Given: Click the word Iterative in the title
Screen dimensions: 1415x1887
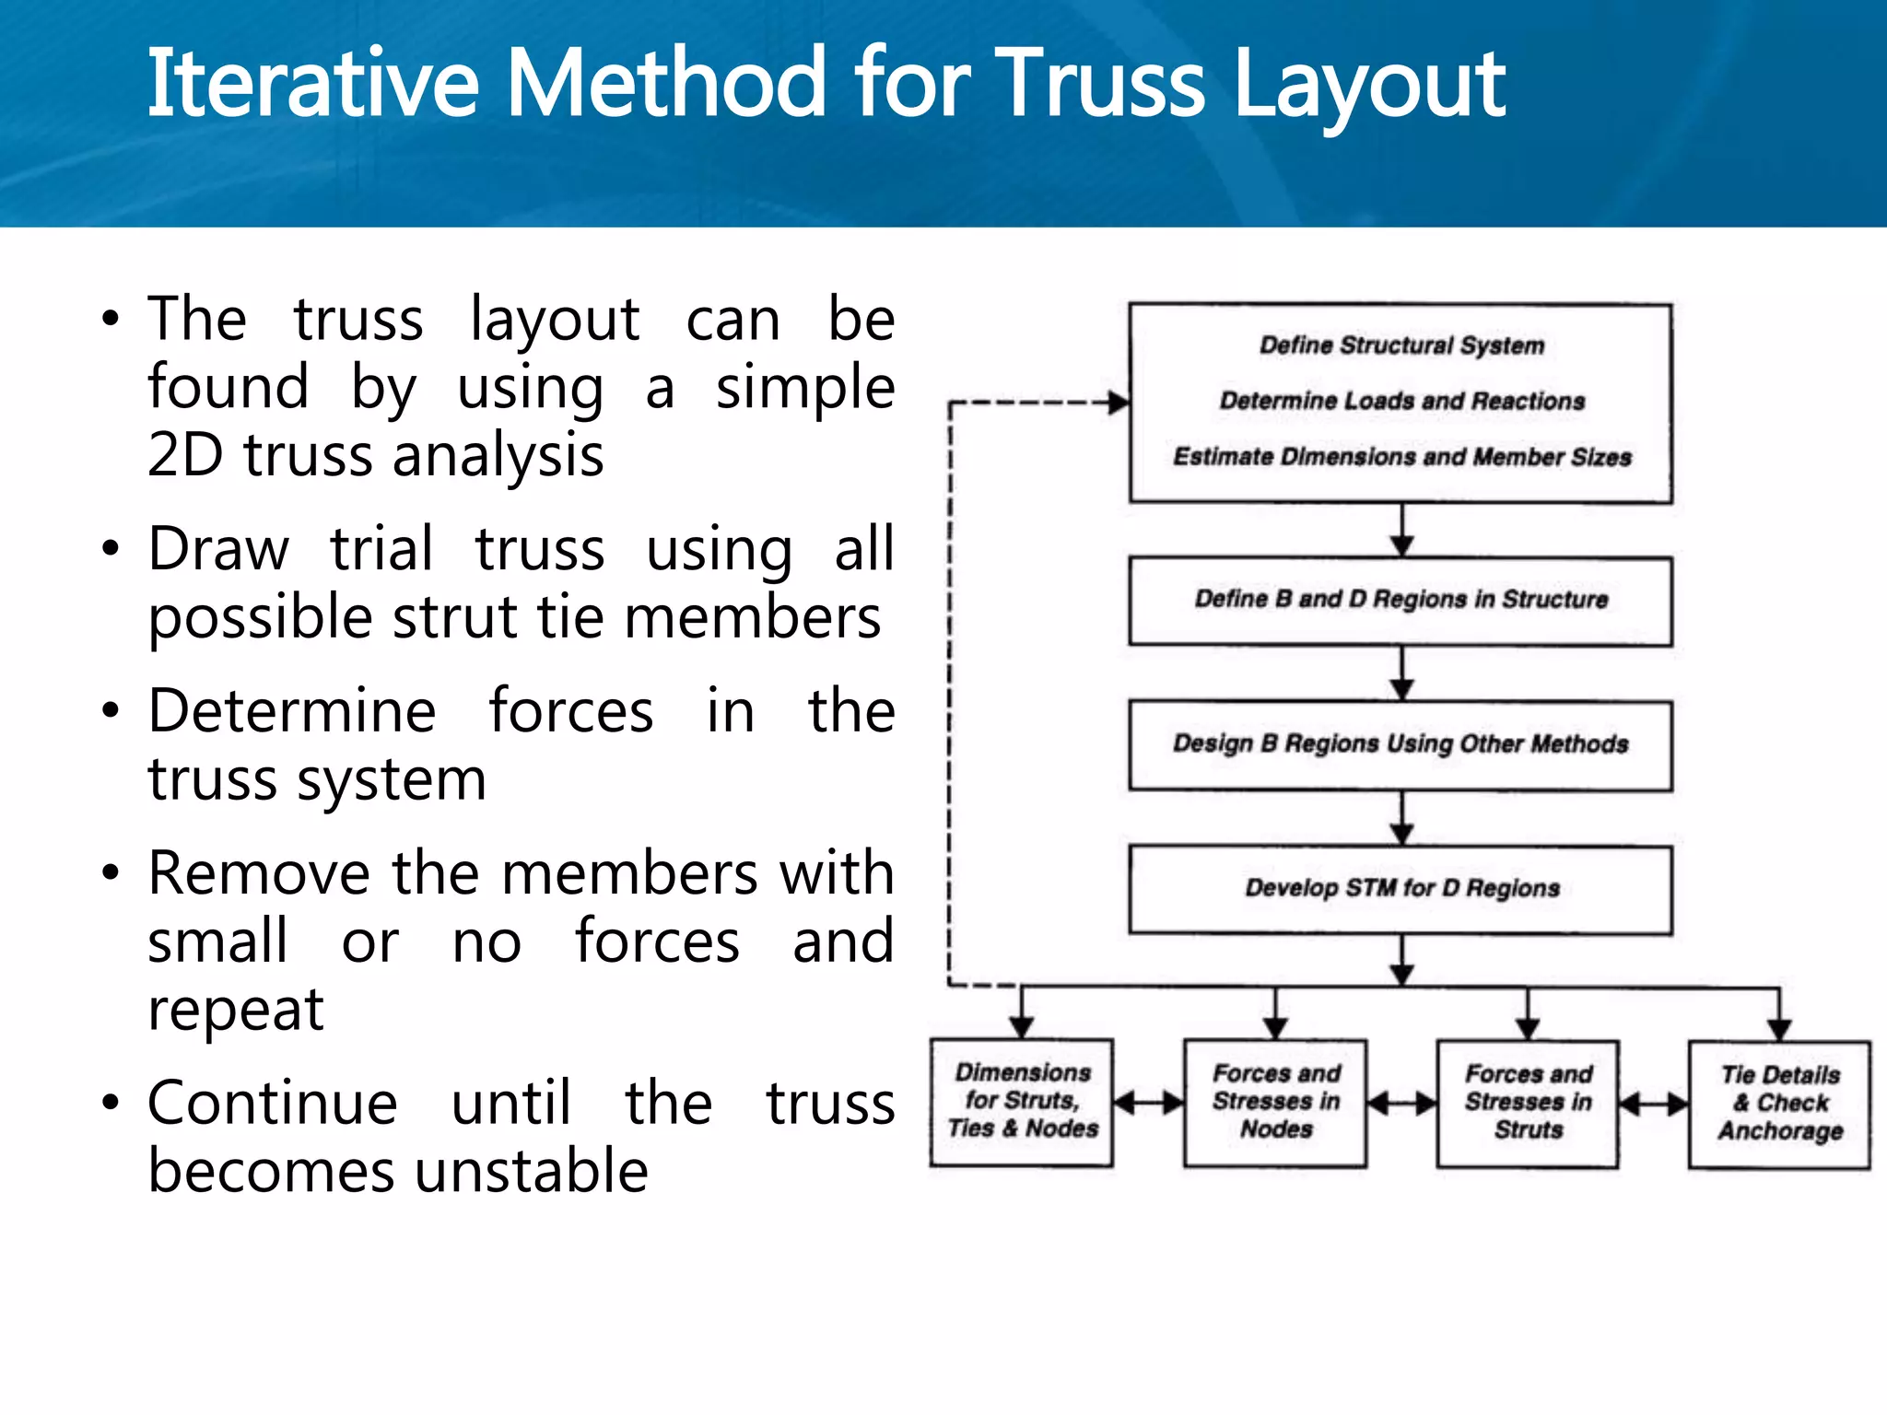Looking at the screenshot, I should tap(312, 85).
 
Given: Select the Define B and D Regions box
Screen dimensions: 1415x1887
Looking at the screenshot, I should tap(1401, 601).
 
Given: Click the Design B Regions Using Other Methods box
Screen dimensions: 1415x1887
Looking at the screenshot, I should tap(1401, 745).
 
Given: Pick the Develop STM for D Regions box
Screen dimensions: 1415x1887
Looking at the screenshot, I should tap(1401, 890).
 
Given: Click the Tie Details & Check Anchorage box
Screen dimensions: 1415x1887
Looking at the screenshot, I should tap(1779, 1105).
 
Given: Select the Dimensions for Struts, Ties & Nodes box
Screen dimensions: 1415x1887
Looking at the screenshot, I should tap(1022, 1102).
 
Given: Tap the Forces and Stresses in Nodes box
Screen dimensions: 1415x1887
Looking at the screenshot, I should tap(1275, 1103).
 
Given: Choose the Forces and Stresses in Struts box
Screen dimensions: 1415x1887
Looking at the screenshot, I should tap(1528, 1104).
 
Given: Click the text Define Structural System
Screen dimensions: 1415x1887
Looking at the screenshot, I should tap(1401, 345).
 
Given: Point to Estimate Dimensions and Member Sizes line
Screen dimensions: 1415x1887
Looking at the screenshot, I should tap(1401, 458).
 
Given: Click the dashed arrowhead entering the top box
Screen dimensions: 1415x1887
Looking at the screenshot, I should tap(1118, 403).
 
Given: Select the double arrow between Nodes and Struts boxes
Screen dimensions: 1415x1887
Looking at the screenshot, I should tap(1401, 1104).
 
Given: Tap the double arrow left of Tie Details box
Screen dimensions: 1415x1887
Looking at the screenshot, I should tap(1654, 1104).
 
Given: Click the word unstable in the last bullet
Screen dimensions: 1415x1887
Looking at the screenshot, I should tap(532, 1172).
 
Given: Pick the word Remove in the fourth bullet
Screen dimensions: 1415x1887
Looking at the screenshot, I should tap(259, 874).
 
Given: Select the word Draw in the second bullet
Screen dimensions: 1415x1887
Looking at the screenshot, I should tap(218, 550).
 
